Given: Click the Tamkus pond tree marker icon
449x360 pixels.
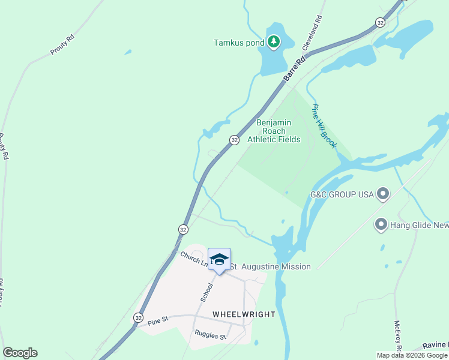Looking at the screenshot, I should point(274,41).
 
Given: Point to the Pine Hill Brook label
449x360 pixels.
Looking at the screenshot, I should point(324,126).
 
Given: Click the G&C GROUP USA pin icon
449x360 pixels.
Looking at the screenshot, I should point(382,194).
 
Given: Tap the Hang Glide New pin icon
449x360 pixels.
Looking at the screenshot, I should point(380,226).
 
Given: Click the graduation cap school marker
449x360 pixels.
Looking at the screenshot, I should point(219,260).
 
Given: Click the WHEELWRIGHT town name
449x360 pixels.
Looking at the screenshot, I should point(244,314).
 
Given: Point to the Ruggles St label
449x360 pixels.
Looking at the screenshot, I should point(209,335).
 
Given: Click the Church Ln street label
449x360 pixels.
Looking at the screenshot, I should point(193,259).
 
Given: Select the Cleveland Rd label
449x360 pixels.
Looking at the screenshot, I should point(312,32).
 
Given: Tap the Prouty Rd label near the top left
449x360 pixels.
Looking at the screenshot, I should point(62,45).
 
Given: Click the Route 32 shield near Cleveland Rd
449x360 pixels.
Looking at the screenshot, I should point(379,22).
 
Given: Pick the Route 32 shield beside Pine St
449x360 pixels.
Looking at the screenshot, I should point(139,317).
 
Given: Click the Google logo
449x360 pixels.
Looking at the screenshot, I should point(20,353).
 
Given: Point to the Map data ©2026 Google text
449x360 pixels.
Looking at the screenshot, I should point(412,355).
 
